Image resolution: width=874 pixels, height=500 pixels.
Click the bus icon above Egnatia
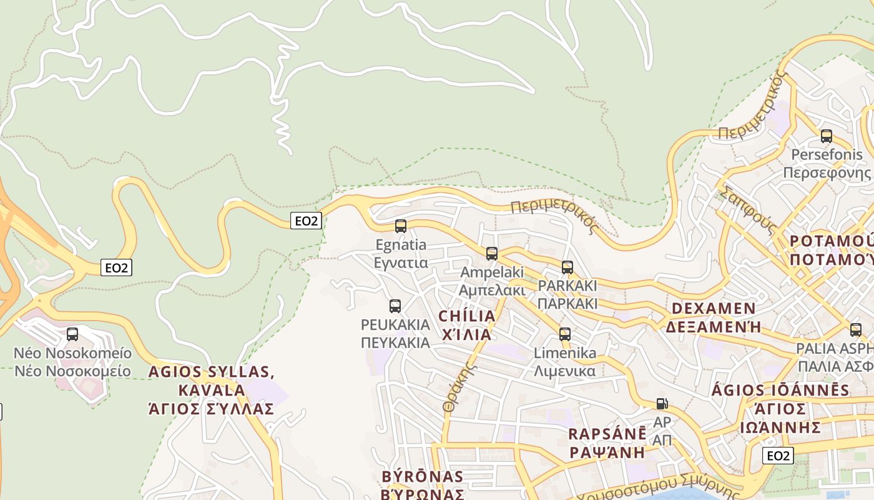401,226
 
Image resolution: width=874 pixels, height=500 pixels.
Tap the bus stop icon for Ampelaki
492,254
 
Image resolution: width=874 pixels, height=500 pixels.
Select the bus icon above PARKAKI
567,267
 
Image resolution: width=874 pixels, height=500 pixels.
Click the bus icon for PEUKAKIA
395,306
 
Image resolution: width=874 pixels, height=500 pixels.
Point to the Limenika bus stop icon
565,334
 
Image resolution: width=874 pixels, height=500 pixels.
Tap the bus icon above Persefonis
827,136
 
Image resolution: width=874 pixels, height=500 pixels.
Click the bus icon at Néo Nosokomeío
72,334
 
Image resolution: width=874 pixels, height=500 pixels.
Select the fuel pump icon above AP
662,404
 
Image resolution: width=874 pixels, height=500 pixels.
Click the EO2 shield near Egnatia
306,221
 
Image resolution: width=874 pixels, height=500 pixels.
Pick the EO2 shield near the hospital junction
117,268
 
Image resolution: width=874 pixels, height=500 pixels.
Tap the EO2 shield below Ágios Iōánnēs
778,456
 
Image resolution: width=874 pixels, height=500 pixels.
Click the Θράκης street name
456,387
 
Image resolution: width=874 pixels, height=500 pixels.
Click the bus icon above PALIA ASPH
855,330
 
